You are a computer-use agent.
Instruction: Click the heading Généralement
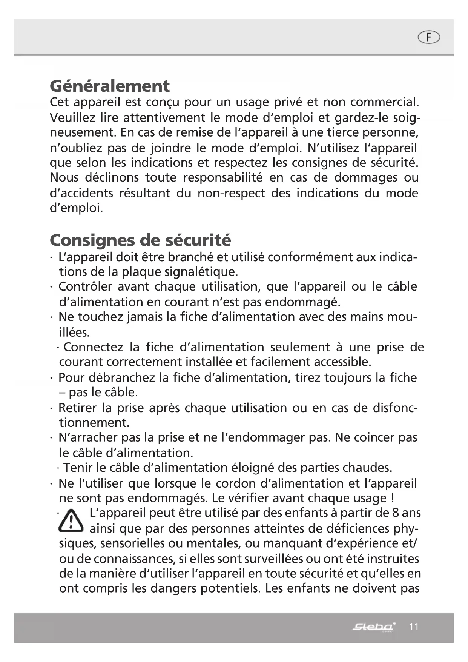click(109, 86)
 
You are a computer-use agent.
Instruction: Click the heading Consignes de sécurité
click(140, 240)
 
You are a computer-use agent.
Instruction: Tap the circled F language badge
click(429, 37)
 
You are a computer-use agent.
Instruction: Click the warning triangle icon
click(71, 521)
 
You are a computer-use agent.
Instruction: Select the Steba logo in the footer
click(374, 627)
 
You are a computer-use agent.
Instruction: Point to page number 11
click(414, 627)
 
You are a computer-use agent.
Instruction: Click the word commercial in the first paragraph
click(384, 102)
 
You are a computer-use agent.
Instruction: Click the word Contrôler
click(85, 286)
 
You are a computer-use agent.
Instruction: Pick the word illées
click(74, 333)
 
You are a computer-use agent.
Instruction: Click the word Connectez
click(93, 347)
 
